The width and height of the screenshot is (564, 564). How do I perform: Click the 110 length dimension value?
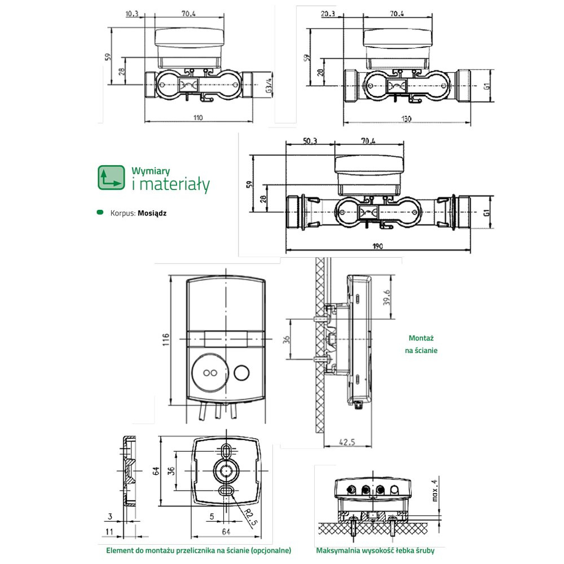[x=197, y=118]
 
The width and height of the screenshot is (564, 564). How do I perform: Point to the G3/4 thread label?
[x=268, y=85]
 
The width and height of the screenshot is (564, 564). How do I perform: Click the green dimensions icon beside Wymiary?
[x=111, y=177]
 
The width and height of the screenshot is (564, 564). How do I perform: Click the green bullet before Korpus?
[x=100, y=213]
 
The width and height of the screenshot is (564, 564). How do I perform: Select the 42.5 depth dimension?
[x=348, y=442]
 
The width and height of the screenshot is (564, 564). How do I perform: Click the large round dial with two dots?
[x=210, y=372]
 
